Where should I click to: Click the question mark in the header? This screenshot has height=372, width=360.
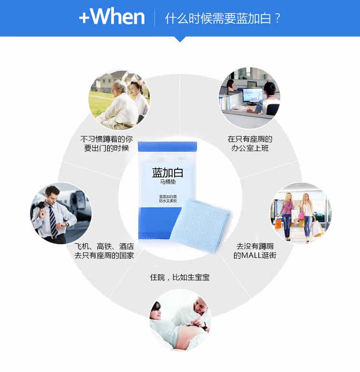click(x=278, y=18)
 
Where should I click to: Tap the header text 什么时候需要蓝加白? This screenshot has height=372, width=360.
click(x=218, y=18)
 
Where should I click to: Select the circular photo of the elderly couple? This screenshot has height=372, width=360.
click(x=119, y=100)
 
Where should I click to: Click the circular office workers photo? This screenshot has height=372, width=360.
click(x=249, y=98)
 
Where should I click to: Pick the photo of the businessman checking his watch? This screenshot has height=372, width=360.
click(x=61, y=213)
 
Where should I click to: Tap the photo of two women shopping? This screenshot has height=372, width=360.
click(x=301, y=213)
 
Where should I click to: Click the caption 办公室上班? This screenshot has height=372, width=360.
click(x=250, y=149)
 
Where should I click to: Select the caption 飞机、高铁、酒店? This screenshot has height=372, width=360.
click(x=104, y=246)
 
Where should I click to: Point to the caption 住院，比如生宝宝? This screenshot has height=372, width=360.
click(x=180, y=277)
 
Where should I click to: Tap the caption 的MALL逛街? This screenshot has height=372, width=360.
click(x=255, y=255)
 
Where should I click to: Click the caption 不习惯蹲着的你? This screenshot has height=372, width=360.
click(x=106, y=139)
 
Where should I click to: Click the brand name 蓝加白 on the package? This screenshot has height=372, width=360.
click(x=167, y=173)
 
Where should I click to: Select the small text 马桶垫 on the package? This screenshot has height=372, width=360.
click(x=168, y=182)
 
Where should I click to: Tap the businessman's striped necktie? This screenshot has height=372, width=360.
click(x=53, y=221)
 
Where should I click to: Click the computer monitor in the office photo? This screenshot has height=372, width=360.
click(x=252, y=95)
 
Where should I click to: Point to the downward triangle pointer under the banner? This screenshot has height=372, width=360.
click(x=180, y=39)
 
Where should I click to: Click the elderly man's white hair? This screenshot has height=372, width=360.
click(x=119, y=85)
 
